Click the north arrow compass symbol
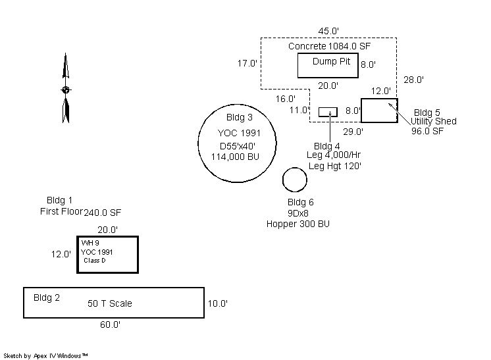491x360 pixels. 65,89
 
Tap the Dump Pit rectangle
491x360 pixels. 326,65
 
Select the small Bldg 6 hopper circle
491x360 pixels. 294,179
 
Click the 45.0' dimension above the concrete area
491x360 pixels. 328,32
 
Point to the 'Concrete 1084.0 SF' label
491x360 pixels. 329,46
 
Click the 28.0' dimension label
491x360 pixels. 413,80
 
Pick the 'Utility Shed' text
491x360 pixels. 433,121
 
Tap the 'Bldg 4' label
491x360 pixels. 327,145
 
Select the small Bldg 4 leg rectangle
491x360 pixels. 328,111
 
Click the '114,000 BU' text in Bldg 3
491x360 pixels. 235,156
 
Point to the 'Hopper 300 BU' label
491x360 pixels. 297,224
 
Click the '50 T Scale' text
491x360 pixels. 110,303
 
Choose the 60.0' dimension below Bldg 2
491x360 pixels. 110,324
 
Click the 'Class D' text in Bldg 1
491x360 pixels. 95,261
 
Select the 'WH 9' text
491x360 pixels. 90,243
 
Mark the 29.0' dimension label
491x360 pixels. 353,132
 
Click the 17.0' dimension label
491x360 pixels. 247,64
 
